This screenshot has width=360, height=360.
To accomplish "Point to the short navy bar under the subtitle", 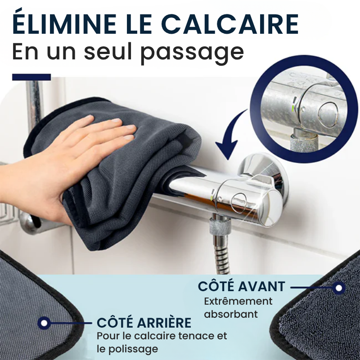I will point(31,77).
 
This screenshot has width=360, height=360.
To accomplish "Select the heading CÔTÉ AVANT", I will point(241,287).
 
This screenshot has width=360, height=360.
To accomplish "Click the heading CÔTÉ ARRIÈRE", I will point(144,323).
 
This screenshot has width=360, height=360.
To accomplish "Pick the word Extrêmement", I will point(238,301).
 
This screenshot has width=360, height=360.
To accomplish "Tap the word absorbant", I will point(231,314).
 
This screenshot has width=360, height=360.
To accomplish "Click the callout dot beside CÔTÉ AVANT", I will point(340,287).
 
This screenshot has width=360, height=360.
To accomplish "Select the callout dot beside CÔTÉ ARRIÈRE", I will point(44,323).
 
